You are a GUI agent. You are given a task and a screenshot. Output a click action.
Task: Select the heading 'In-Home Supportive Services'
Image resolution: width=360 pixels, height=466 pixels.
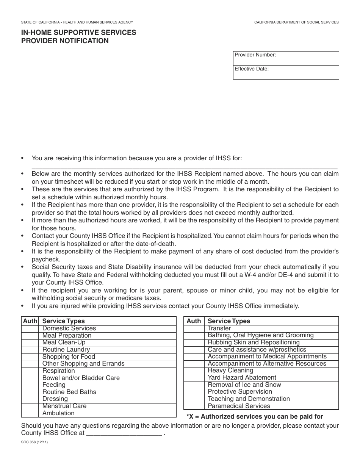[x=79, y=33]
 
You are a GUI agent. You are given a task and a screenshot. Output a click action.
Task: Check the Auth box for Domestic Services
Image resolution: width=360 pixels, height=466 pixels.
[x=30, y=328]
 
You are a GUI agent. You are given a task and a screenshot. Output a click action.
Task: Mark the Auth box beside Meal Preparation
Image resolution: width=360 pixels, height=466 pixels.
[x=30, y=336]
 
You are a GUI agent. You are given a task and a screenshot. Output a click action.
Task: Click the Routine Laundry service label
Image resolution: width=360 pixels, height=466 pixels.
[x=66, y=350]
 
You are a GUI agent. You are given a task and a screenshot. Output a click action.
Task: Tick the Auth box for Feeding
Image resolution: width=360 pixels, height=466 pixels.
[x=30, y=385]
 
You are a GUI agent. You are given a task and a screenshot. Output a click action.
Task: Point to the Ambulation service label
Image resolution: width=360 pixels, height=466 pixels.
[x=58, y=413]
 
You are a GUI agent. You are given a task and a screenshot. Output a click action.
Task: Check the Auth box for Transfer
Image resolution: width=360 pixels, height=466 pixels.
[x=194, y=328]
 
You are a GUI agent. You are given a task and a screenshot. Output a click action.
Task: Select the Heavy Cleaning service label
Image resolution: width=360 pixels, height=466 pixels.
[x=230, y=371]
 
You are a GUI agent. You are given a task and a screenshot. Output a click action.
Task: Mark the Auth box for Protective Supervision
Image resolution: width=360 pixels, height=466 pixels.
[x=194, y=392]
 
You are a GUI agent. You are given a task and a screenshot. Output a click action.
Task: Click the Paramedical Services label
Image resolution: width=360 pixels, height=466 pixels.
[x=239, y=406]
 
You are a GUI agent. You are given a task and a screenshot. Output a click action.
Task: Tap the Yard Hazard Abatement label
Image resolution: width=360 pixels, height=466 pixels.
[x=242, y=378]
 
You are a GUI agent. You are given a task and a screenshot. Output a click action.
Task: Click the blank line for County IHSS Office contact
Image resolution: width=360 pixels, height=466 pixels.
[x=124, y=433]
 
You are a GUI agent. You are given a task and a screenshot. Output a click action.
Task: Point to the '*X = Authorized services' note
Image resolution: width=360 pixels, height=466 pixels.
[x=255, y=417]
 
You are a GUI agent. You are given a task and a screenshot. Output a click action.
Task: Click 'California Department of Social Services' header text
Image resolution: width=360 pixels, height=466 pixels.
[x=296, y=23]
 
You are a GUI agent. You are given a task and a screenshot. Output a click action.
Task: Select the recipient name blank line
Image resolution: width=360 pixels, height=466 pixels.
[x=184, y=166]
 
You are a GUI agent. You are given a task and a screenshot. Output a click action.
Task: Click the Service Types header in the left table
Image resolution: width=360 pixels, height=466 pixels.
[x=63, y=321]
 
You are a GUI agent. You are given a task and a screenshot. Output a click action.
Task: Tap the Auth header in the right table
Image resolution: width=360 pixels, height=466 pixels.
[x=194, y=321]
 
